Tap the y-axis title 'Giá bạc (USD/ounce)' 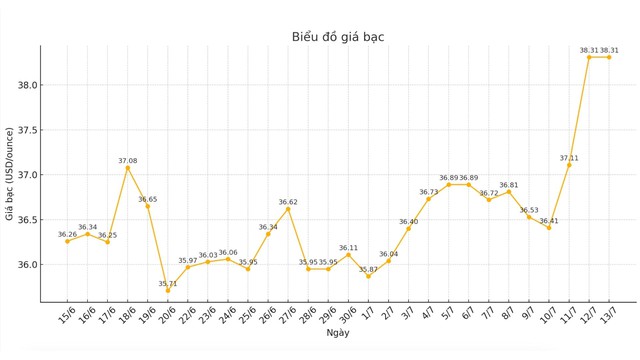pos(11,174)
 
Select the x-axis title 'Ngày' pos(338,332)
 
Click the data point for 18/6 pos(128,168)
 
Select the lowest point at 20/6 pos(168,291)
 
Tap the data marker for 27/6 pos(288,209)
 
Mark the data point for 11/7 pos(569,165)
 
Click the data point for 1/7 pos(368,276)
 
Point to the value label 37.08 pos(128,160)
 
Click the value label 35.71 pos(168,284)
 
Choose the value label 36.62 pos(288,202)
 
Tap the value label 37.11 pos(569,158)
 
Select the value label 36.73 pos(428,192)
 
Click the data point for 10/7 pos(549,228)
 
